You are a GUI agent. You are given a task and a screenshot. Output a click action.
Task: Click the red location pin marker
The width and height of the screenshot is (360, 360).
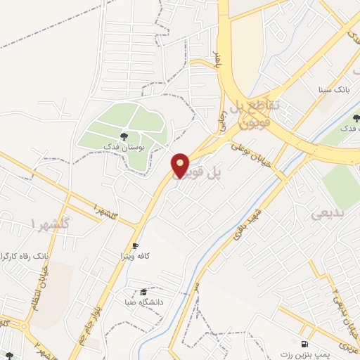point(181,165)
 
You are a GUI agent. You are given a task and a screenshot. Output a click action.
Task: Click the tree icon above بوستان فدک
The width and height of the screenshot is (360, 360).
point(124,136)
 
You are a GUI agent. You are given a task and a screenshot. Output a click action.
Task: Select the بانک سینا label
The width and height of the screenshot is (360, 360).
point(333,91)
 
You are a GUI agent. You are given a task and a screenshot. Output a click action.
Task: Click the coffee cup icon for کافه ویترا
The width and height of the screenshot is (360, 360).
point(136,246)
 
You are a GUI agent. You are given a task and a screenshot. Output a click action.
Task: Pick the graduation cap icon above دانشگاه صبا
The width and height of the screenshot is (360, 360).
point(143,291)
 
